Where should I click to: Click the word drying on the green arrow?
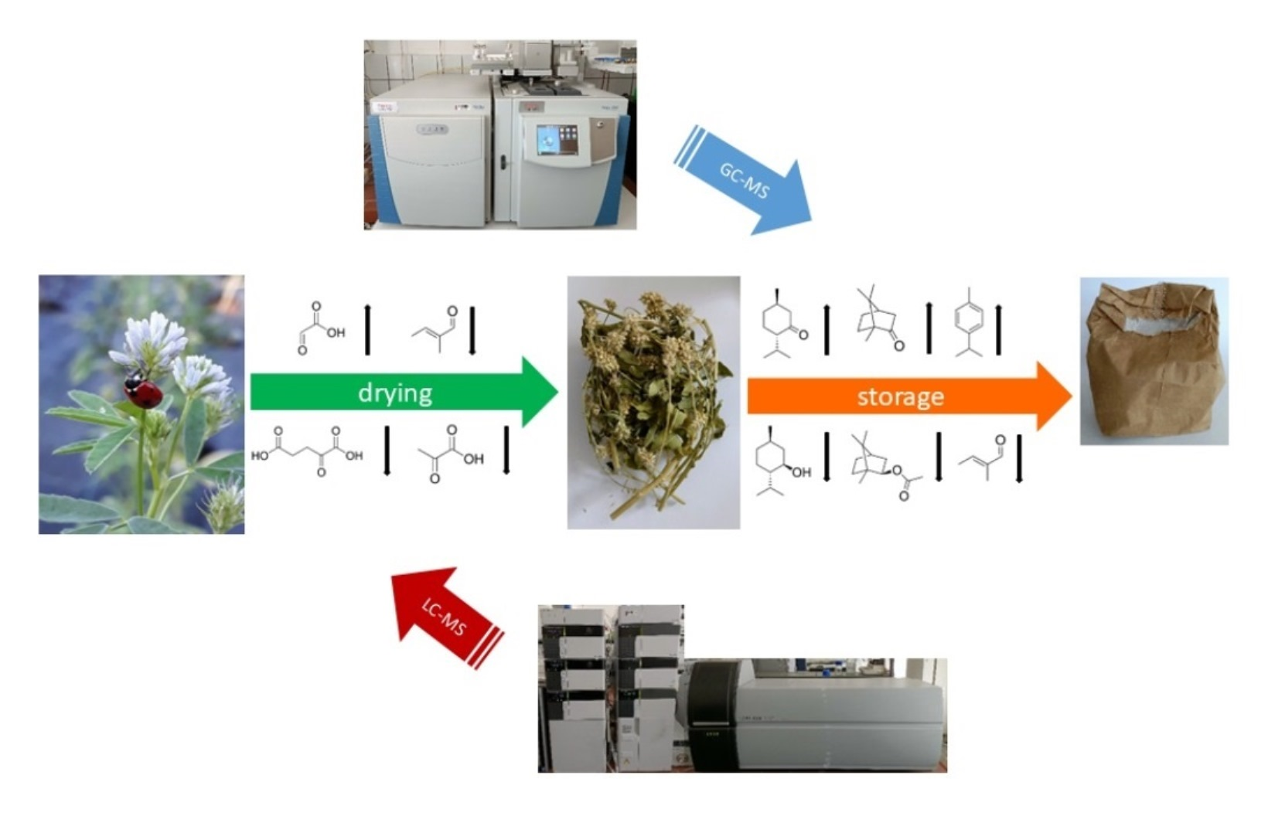(x=395, y=393)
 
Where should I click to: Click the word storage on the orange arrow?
(x=900, y=396)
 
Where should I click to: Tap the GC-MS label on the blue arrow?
(x=744, y=180)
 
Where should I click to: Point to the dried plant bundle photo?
(x=653, y=402)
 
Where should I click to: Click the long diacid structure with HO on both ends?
(x=308, y=451)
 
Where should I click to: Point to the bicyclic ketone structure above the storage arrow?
(x=878, y=318)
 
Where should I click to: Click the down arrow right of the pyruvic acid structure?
(x=506, y=450)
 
